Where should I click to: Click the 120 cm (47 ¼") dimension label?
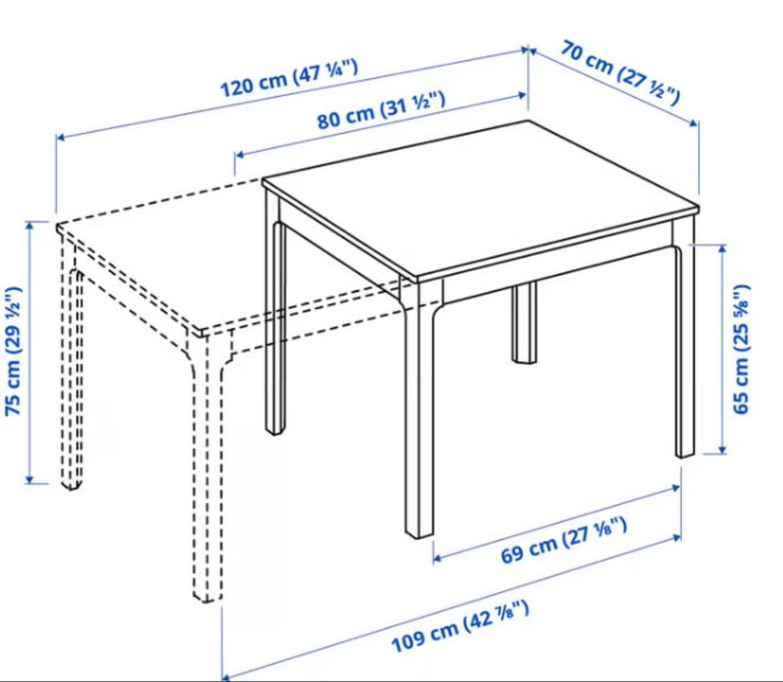coord(289,78)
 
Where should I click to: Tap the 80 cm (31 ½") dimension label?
coord(381,112)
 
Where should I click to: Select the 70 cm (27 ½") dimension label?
coord(620,73)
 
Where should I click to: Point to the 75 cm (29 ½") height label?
coord(14,352)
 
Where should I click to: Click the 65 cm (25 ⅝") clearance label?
coord(741,348)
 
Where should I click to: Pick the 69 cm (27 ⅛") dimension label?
coord(564,541)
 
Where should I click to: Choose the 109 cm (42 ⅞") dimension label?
coord(460,627)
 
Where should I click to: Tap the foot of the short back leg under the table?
coord(524,358)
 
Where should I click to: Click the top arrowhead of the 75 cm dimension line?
coord(30,224)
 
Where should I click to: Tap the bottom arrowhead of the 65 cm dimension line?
coord(722,450)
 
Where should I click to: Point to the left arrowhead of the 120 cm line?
coord(60,136)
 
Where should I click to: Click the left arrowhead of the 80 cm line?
coord(239,154)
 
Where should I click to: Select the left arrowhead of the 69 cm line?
coord(437,557)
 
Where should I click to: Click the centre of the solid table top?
coord(480,199)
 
